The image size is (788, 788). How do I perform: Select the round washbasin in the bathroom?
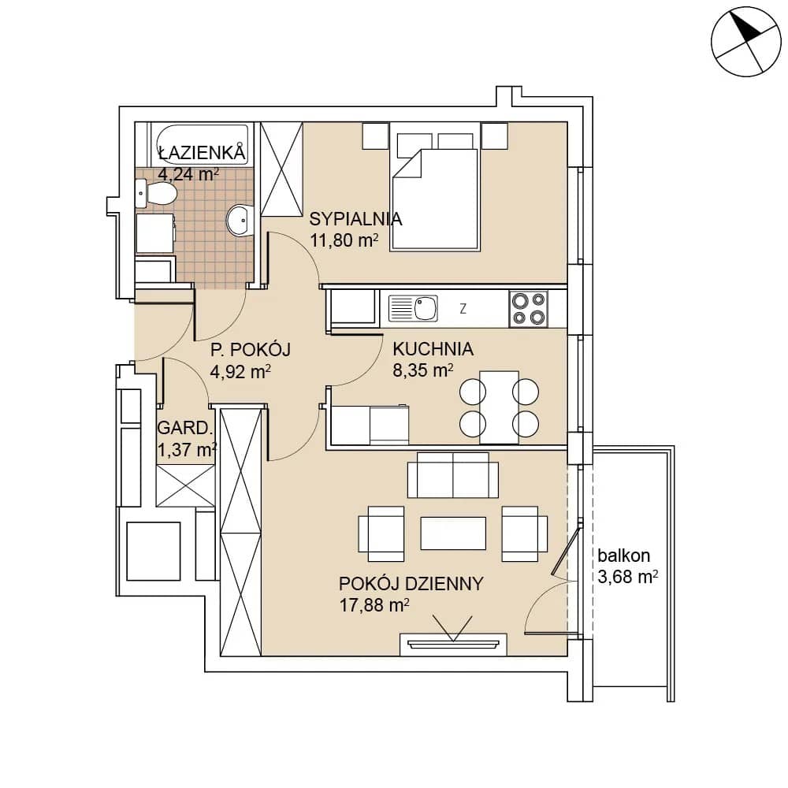click(x=240, y=220)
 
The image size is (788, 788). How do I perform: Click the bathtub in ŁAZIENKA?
click(x=202, y=144)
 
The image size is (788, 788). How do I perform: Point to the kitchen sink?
click(x=413, y=308)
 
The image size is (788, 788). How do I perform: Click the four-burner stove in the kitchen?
click(x=529, y=309)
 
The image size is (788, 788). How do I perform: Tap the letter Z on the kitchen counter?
click(x=463, y=309)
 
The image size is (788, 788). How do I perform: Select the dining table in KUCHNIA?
click(x=499, y=407)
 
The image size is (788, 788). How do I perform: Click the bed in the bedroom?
click(x=435, y=191)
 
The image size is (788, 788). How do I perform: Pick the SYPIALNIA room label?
click(x=355, y=219)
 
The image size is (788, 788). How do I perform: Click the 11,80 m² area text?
click(x=344, y=240)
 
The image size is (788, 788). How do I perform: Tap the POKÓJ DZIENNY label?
click(x=411, y=583)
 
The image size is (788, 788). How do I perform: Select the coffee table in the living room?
click(x=453, y=533)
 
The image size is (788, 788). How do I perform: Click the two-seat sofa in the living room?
click(x=453, y=475)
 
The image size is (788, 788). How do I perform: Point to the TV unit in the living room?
click(x=453, y=645)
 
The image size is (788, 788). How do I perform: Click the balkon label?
click(x=623, y=556)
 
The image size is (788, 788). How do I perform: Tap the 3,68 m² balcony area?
click(x=628, y=577)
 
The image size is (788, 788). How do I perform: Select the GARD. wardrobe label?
click(x=185, y=428)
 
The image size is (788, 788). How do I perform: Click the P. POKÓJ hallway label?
click(x=251, y=349)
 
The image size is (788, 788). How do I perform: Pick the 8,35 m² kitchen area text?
click(x=422, y=370)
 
